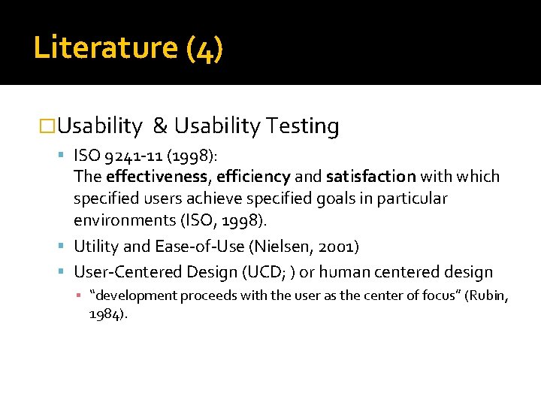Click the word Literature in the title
[104, 47]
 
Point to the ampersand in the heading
[159, 126]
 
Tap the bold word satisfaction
[370, 177]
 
